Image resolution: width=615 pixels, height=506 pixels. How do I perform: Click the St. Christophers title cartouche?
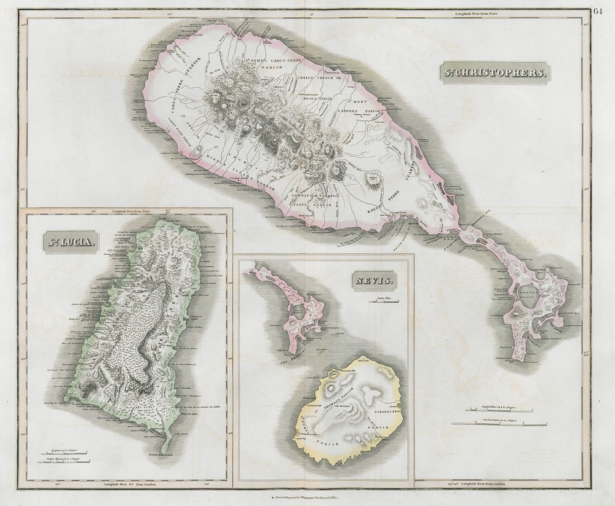493,72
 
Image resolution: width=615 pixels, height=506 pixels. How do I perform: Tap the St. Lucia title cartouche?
69,241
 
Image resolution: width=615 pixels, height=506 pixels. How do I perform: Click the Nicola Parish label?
315,96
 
